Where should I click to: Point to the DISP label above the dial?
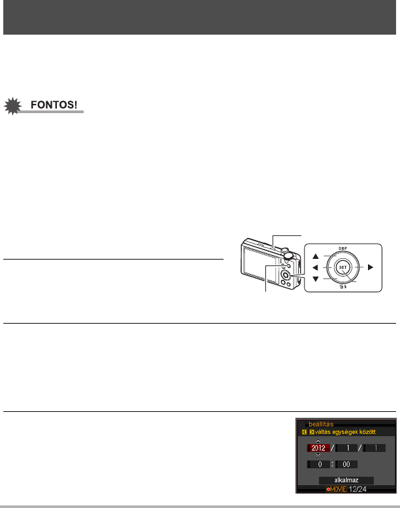pyautogui.click(x=342, y=248)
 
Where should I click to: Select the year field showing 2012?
pyautogui.click(x=320, y=449)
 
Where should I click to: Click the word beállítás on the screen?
pyautogui.click(x=322, y=424)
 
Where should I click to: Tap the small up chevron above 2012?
pyautogui.click(x=319, y=441)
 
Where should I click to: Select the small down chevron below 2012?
pyautogui.click(x=319, y=456)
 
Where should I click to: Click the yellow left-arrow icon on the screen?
pyautogui.click(x=303, y=432)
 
